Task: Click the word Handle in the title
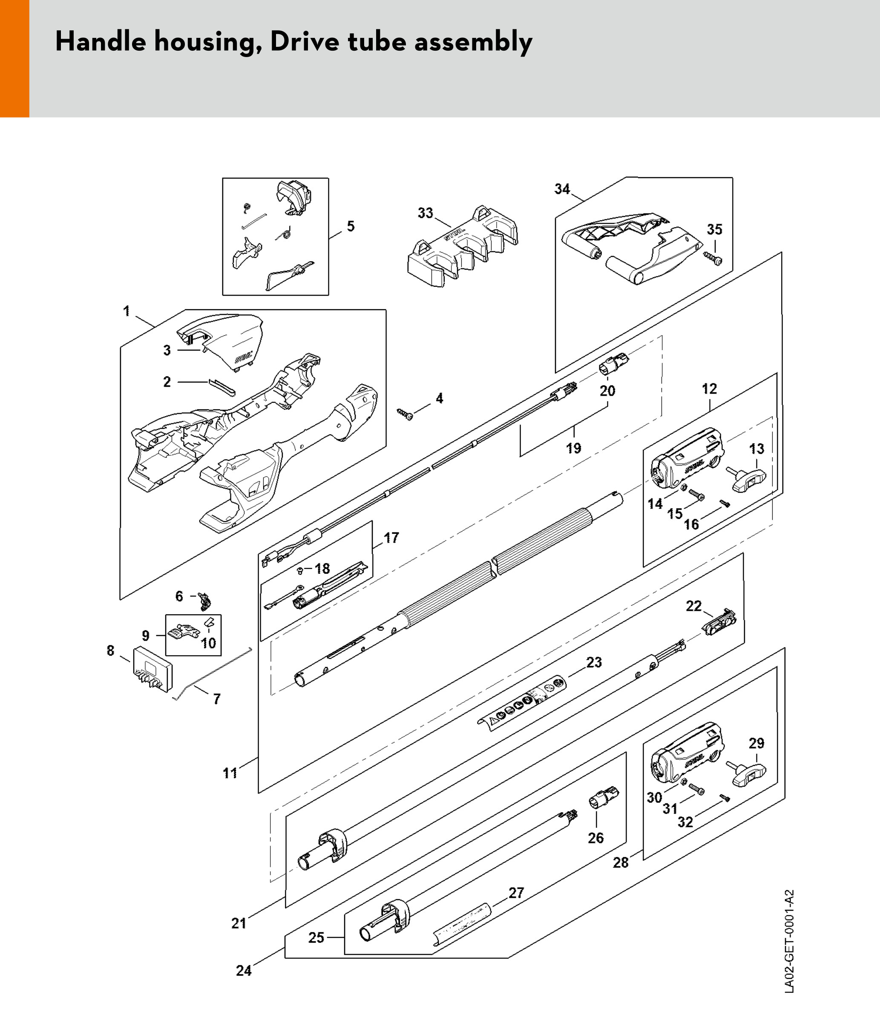coord(100,41)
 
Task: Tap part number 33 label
coord(425,213)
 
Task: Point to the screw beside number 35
coord(713,257)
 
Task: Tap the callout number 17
coord(391,538)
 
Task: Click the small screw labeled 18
coord(300,570)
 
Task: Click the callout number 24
coord(244,971)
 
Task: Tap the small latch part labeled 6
coord(205,601)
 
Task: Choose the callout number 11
coord(230,773)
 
